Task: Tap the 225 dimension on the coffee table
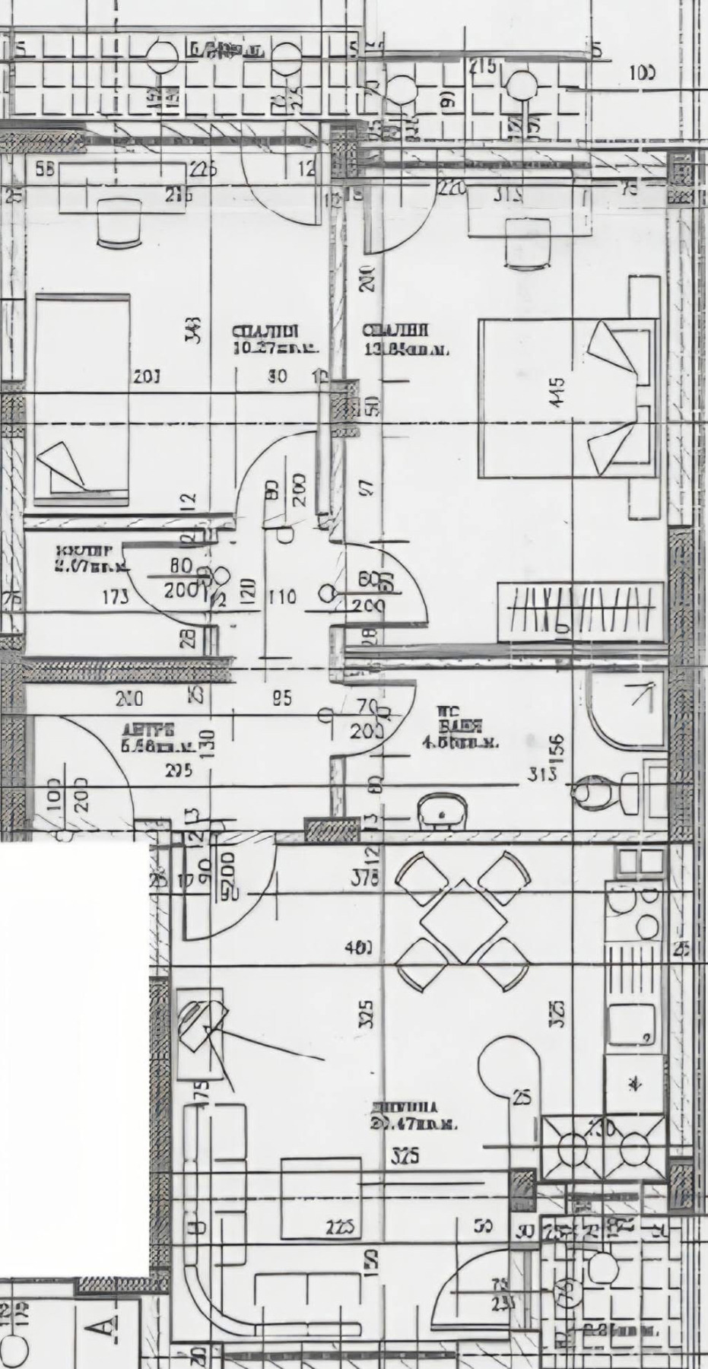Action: (x=340, y=1227)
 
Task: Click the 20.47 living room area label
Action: (x=414, y=1123)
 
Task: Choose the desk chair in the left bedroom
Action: (x=119, y=222)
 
